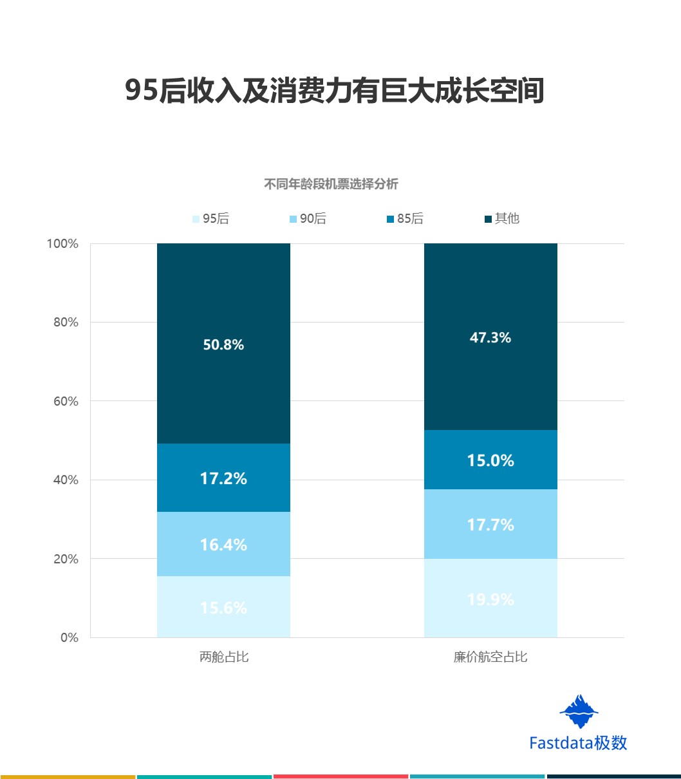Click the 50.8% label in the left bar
tap(223, 345)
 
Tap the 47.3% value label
tap(490, 337)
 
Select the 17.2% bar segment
tap(223, 478)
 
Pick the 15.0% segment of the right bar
tap(490, 460)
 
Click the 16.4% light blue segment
tap(223, 545)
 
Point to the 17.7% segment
tap(490, 525)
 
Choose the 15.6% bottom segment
tap(223, 608)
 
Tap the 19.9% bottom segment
tap(490, 599)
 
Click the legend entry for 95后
tap(210, 219)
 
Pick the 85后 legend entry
tap(405, 219)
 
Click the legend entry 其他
tap(501, 219)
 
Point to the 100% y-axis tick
tap(62, 244)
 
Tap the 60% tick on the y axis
tap(65, 402)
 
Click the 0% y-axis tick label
tap(69, 638)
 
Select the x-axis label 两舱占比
tap(223, 657)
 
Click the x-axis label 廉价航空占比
tap(490, 657)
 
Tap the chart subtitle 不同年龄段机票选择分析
tap(331, 185)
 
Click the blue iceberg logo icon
tap(579, 711)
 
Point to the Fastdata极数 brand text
tap(578, 743)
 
